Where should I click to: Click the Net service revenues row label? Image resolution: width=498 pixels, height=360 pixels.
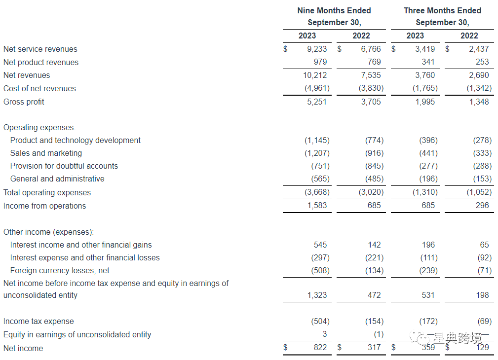pyautogui.click(x=40, y=49)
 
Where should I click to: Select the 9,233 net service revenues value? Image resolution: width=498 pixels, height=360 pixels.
pyautogui.click(x=316, y=49)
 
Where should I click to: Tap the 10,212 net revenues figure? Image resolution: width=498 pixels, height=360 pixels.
pyautogui.click(x=314, y=75)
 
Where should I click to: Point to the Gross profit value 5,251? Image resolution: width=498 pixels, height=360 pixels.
pyautogui.click(x=316, y=102)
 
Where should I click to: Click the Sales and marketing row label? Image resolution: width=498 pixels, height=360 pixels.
pyautogui.click(x=46, y=153)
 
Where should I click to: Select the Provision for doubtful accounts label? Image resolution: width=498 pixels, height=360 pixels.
pyautogui.click(x=64, y=166)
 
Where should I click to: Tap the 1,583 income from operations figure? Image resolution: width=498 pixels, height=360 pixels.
pyautogui.click(x=316, y=206)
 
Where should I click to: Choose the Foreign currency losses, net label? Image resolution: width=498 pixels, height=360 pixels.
pyautogui.click(x=60, y=271)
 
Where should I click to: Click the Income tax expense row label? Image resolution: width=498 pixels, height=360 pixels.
pyautogui.click(x=38, y=322)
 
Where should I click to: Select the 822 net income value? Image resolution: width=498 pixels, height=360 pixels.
pyautogui.click(x=320, y=348)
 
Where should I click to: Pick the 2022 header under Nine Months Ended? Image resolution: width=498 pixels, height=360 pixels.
pyautogui.click(x=361, y=36)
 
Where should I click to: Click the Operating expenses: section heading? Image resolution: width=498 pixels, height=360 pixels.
pyautogui.click(x=39, y=128)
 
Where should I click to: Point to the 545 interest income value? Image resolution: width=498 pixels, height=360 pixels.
pyautogui.click(x=320, y=245)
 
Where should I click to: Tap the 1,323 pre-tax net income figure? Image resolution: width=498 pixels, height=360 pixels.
pyautogui.click(x=316, y=295)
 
